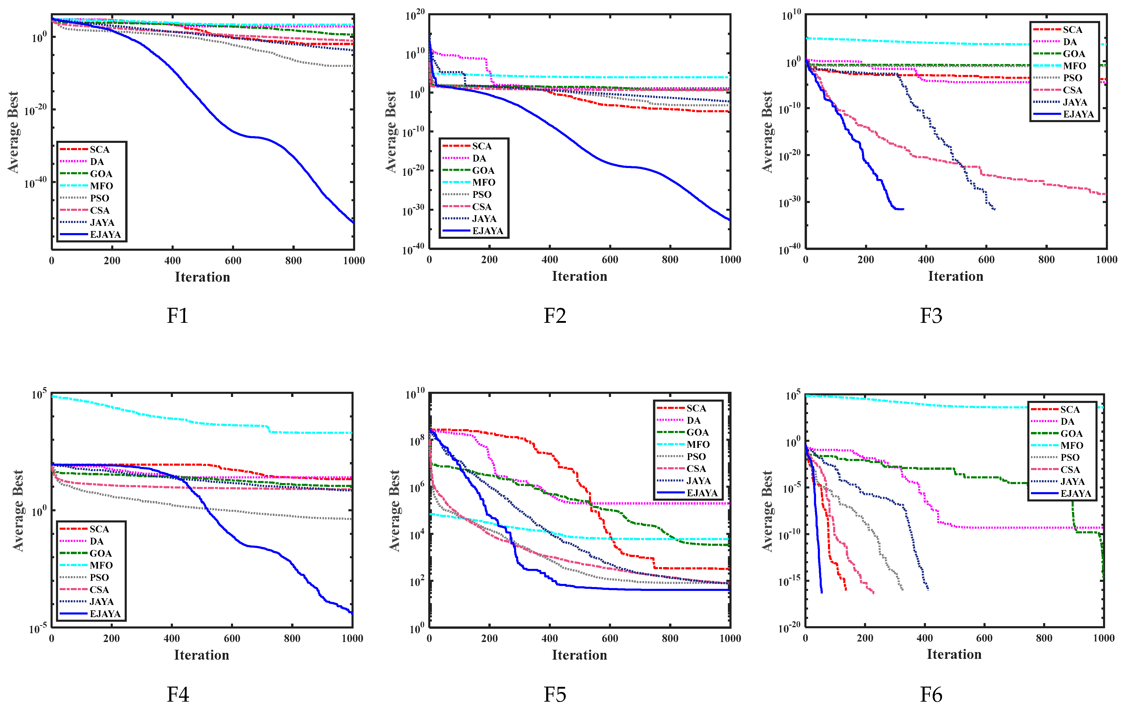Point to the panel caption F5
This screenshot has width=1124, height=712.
[554, 695]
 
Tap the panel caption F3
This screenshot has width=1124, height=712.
[931, 316]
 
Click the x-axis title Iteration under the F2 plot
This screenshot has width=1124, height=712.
[579, 276]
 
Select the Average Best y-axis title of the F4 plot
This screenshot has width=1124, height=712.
[18, 510]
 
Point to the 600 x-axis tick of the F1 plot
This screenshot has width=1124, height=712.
[233, 261]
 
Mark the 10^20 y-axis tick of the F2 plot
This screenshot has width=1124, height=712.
[415, 15]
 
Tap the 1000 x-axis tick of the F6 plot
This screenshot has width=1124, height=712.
[1104, 638]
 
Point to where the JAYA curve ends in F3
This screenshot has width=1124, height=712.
[995, 210]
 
